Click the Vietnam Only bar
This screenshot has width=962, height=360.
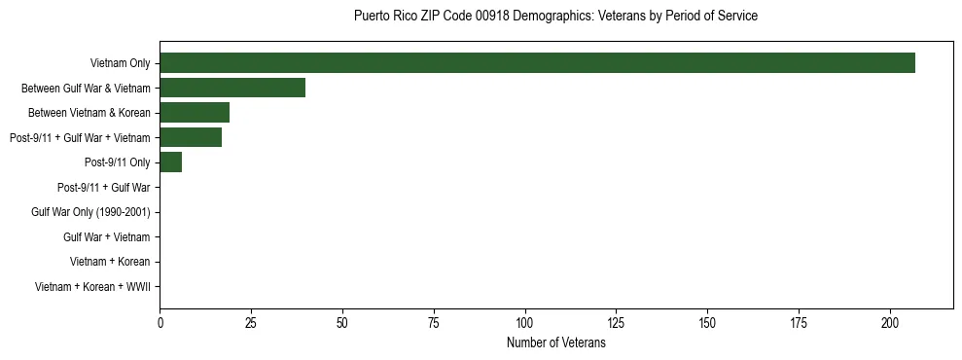(537, 63)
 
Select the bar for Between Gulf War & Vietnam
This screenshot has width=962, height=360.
(232, 88)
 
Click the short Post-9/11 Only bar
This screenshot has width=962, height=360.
(171, 162)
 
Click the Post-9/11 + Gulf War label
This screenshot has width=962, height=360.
(103, 188)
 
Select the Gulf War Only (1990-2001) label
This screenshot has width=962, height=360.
(90, 212)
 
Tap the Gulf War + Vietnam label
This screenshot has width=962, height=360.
(106, 237)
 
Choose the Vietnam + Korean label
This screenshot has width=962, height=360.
(110, 262)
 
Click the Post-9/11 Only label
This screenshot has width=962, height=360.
(118, 162)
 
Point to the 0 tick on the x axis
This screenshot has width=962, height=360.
(160, 322)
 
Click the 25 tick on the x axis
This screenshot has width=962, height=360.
(251, 322)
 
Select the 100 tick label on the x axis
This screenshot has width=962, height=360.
(525, 322)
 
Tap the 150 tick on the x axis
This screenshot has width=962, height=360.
(707, 322)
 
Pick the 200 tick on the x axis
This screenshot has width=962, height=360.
(890, 322)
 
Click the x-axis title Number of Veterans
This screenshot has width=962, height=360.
(556, 343)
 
